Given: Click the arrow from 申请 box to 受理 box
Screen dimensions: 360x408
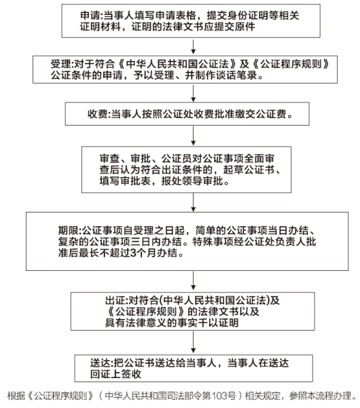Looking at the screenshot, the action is [193, 47].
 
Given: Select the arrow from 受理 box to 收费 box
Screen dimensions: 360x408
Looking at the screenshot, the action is [193, 93].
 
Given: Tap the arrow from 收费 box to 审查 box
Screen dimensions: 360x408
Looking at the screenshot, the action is [193, 136].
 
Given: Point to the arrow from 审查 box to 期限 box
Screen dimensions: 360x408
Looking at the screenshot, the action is [193, 202].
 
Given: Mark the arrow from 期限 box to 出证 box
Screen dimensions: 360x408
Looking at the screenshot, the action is [193, 281].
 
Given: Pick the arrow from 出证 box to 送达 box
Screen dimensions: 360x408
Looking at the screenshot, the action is [193, 342].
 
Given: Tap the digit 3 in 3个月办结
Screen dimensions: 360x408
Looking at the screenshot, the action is [133, 253].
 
